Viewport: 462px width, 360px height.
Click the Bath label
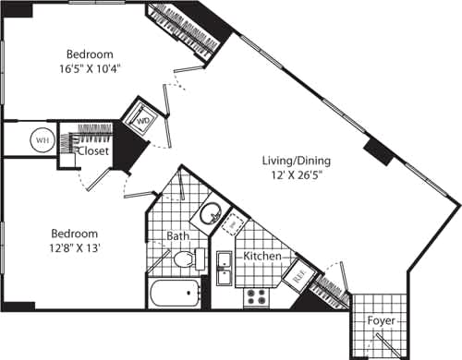178,237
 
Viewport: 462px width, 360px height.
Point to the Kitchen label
261,254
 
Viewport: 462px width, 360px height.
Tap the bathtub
176,295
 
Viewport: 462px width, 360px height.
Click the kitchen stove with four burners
254,297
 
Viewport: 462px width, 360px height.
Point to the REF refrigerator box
299,273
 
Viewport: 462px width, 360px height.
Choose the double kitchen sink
223,272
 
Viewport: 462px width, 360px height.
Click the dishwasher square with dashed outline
235,223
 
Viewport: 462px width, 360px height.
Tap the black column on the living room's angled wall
379,151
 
